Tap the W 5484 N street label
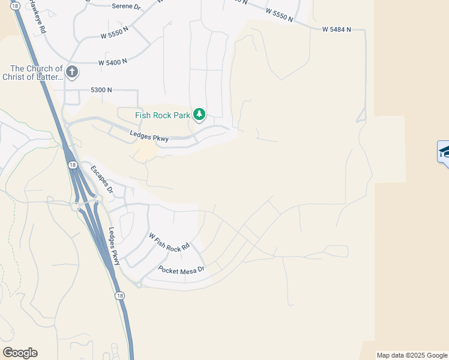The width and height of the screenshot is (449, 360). coord(336,29)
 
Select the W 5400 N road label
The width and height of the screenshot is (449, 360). coord(113,62)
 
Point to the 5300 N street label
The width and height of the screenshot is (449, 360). coord(101,90)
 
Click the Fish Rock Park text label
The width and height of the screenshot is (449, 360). coord(162,115)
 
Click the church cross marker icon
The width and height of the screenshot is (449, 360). coord(71,73)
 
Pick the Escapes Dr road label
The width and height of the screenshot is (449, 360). coord(101,178)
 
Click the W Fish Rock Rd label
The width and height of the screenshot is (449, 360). coord(169,241)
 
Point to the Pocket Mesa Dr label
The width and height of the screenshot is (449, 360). coord(181,269)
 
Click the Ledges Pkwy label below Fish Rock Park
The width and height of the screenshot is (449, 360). coord(149,137)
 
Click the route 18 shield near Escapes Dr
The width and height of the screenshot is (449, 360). coord(72,164)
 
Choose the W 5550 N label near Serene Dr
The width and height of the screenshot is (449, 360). coord(115,34)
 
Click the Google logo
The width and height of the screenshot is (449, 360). coord(20,353)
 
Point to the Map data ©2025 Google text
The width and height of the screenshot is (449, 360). coord(412,355)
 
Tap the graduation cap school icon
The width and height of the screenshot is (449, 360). coord(444,151)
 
